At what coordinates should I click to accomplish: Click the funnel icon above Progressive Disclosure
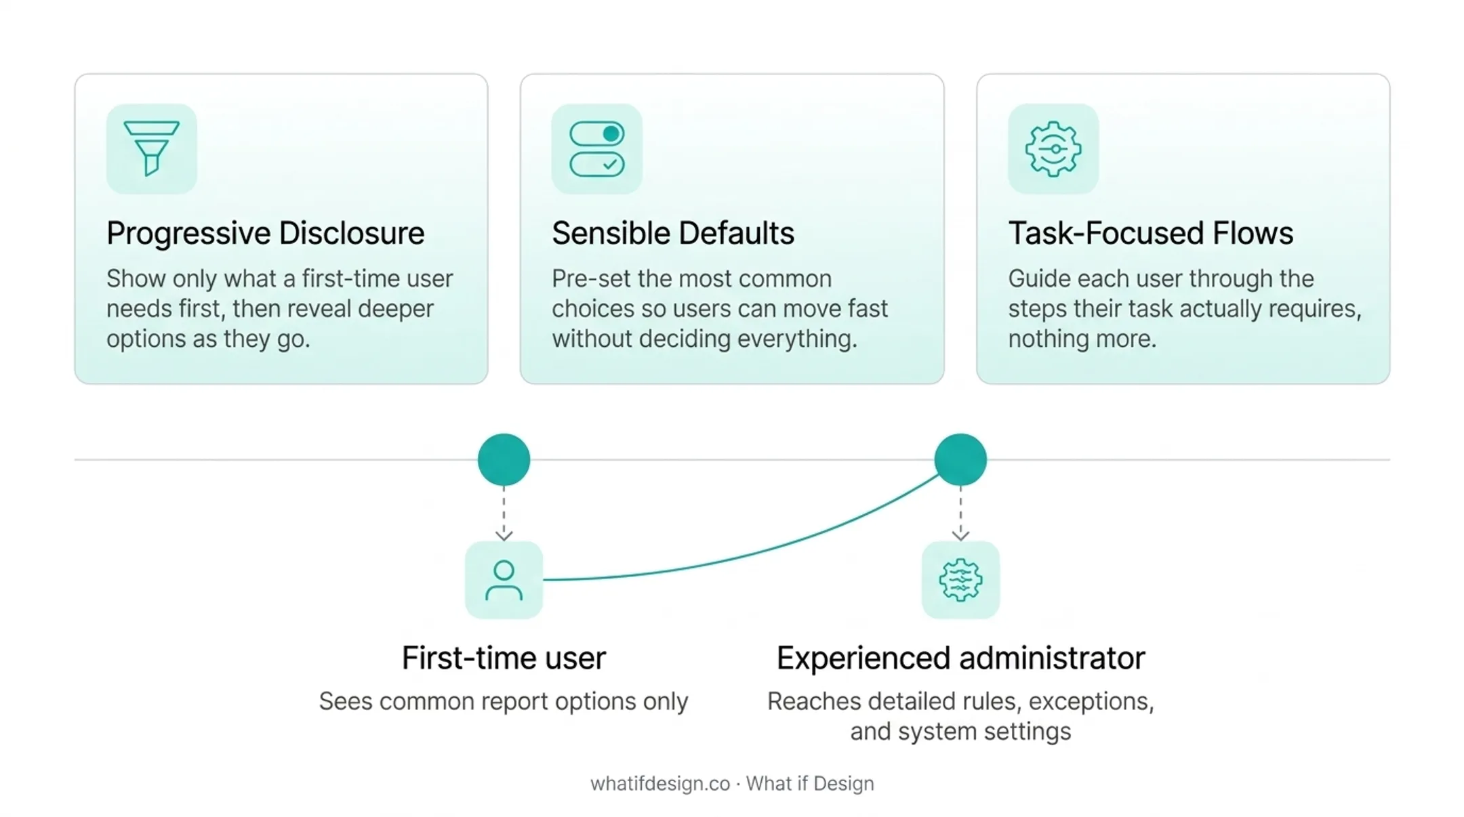[x=151, y=148]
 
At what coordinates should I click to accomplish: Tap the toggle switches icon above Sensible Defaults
[x=596, y=149]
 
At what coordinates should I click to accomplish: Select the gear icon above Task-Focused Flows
[x=1053, y=149]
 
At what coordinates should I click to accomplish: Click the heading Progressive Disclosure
[x=265, y=234]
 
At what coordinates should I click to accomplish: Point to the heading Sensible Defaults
[x=672, y=234]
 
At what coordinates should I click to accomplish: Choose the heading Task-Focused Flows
[x=1150, y=234]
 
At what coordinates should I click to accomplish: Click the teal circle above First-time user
[x=504, y=460]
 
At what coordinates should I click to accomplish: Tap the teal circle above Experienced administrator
[x=960, y=460]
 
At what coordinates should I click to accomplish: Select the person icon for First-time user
[x=504, y=580]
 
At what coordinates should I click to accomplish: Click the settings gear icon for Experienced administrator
[x=960, y=580]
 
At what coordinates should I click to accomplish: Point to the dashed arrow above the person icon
[x=504, y=514]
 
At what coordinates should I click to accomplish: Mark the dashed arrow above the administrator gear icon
[x=960, y=514]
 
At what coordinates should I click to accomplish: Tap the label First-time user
[x=504, y=658]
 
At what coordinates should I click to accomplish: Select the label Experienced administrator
[x=960, y=658]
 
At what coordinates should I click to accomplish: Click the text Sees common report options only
[x=504, y=702]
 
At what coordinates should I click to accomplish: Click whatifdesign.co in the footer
[x=660, y=784]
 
